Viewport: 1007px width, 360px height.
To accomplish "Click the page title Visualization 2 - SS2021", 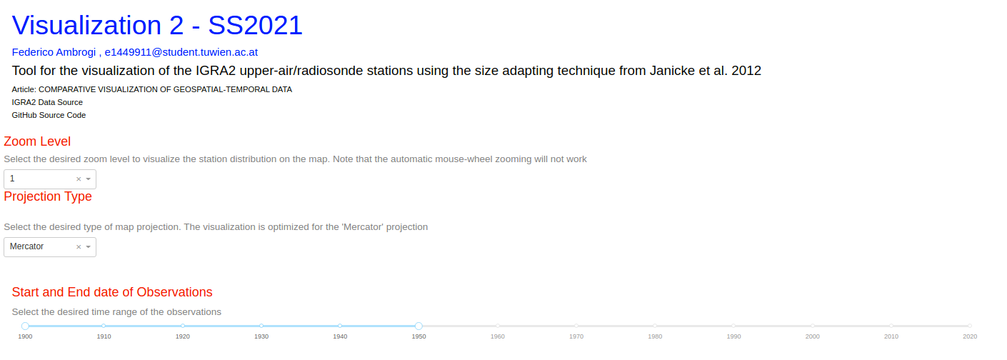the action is tap(157, 25).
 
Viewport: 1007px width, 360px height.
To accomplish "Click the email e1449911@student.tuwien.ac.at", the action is tap(181, 52).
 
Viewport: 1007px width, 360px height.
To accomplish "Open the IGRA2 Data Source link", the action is tap(47, 102).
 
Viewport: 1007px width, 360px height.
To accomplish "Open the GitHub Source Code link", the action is tap(49, 115).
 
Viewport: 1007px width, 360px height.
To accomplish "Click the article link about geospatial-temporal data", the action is tap(152, 89).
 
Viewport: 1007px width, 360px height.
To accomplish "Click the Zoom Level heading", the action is tap(37, 141).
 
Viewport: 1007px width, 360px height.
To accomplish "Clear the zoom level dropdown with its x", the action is tap(79, 179).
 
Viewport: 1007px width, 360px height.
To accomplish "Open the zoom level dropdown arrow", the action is tap(88, 179).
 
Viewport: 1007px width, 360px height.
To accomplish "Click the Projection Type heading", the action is tap(48, 196).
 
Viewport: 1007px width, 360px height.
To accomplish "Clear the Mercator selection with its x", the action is tap(79, 246).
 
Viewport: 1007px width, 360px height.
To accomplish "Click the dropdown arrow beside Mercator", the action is tap(88, 246).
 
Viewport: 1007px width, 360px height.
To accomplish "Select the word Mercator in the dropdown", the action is tap(26, 246).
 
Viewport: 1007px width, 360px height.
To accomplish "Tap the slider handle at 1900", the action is tap(25, 326).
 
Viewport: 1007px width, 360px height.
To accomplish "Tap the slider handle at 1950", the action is tap(419, 326).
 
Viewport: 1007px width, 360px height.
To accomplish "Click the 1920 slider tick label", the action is tap(183, 336).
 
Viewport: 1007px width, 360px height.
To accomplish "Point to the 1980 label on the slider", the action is tap(655, 336).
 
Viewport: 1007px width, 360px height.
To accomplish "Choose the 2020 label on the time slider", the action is tap(970, 336).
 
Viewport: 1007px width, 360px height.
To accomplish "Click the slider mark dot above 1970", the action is tap(576, 326).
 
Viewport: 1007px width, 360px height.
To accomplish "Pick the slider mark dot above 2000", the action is tap(812, 326).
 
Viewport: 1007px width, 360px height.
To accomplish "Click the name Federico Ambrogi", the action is tap(54, 52).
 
